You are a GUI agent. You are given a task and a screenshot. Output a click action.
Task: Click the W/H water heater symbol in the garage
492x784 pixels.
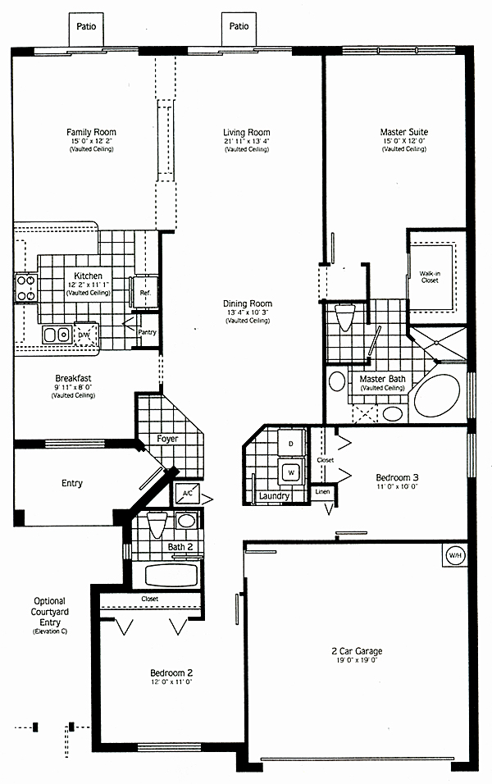click(x=454, y=555)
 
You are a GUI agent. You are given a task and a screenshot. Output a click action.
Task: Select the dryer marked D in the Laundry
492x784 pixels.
click(x=289, y=444)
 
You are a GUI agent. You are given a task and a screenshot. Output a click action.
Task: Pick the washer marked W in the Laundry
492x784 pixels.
click(x=289, y=472)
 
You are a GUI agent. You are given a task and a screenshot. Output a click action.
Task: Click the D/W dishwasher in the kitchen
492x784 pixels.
click(x=84, y=335)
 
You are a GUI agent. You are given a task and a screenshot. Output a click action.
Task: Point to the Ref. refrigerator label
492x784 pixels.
click(x=145, y=293)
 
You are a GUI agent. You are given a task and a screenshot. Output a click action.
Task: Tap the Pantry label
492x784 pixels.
click(x=147, y=332)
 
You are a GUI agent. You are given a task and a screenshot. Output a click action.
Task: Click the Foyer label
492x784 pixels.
click(x=167, y=439)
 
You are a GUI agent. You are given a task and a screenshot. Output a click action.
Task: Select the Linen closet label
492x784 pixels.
click(x=322, y=492)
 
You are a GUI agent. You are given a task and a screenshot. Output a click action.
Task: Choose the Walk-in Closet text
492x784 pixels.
click(x=430, y=276)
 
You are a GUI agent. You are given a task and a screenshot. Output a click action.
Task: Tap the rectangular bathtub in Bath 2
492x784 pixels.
click(x=171, y=573)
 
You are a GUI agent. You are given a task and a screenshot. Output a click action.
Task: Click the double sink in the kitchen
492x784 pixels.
click(x=56, y=335)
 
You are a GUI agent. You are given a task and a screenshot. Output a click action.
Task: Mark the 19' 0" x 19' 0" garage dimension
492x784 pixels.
click(x=358, y=660)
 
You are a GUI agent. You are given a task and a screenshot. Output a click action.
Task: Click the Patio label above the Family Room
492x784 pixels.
click(x=87, y=26)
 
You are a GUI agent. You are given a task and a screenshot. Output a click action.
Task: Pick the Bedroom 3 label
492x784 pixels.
click(x=397, y=477)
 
